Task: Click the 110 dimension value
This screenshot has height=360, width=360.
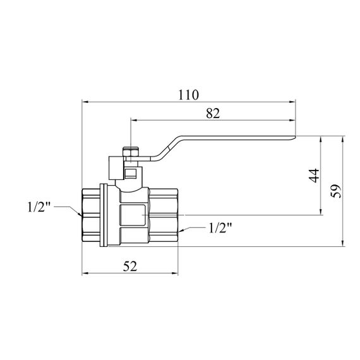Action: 188,95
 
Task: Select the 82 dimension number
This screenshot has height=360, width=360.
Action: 213,113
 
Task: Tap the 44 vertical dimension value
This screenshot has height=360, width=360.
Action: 314,176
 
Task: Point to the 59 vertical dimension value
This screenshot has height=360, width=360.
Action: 335,191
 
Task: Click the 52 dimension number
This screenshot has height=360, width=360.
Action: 130,266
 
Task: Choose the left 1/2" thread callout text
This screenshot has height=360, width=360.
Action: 39,207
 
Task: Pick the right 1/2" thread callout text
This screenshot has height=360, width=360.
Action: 220,228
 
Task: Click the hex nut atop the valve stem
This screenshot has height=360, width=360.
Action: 130,152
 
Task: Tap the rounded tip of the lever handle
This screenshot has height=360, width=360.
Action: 294,138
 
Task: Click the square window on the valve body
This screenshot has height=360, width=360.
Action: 133,215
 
